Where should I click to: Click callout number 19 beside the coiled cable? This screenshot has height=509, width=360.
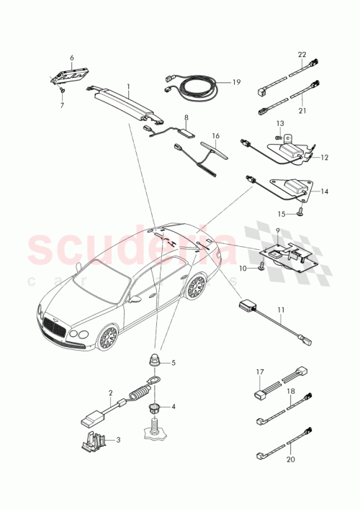click(235, 84)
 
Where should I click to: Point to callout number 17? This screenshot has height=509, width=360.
click(261, 373)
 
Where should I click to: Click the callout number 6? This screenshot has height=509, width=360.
click(72, 58)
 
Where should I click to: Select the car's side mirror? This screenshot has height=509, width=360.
click(135, 297)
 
